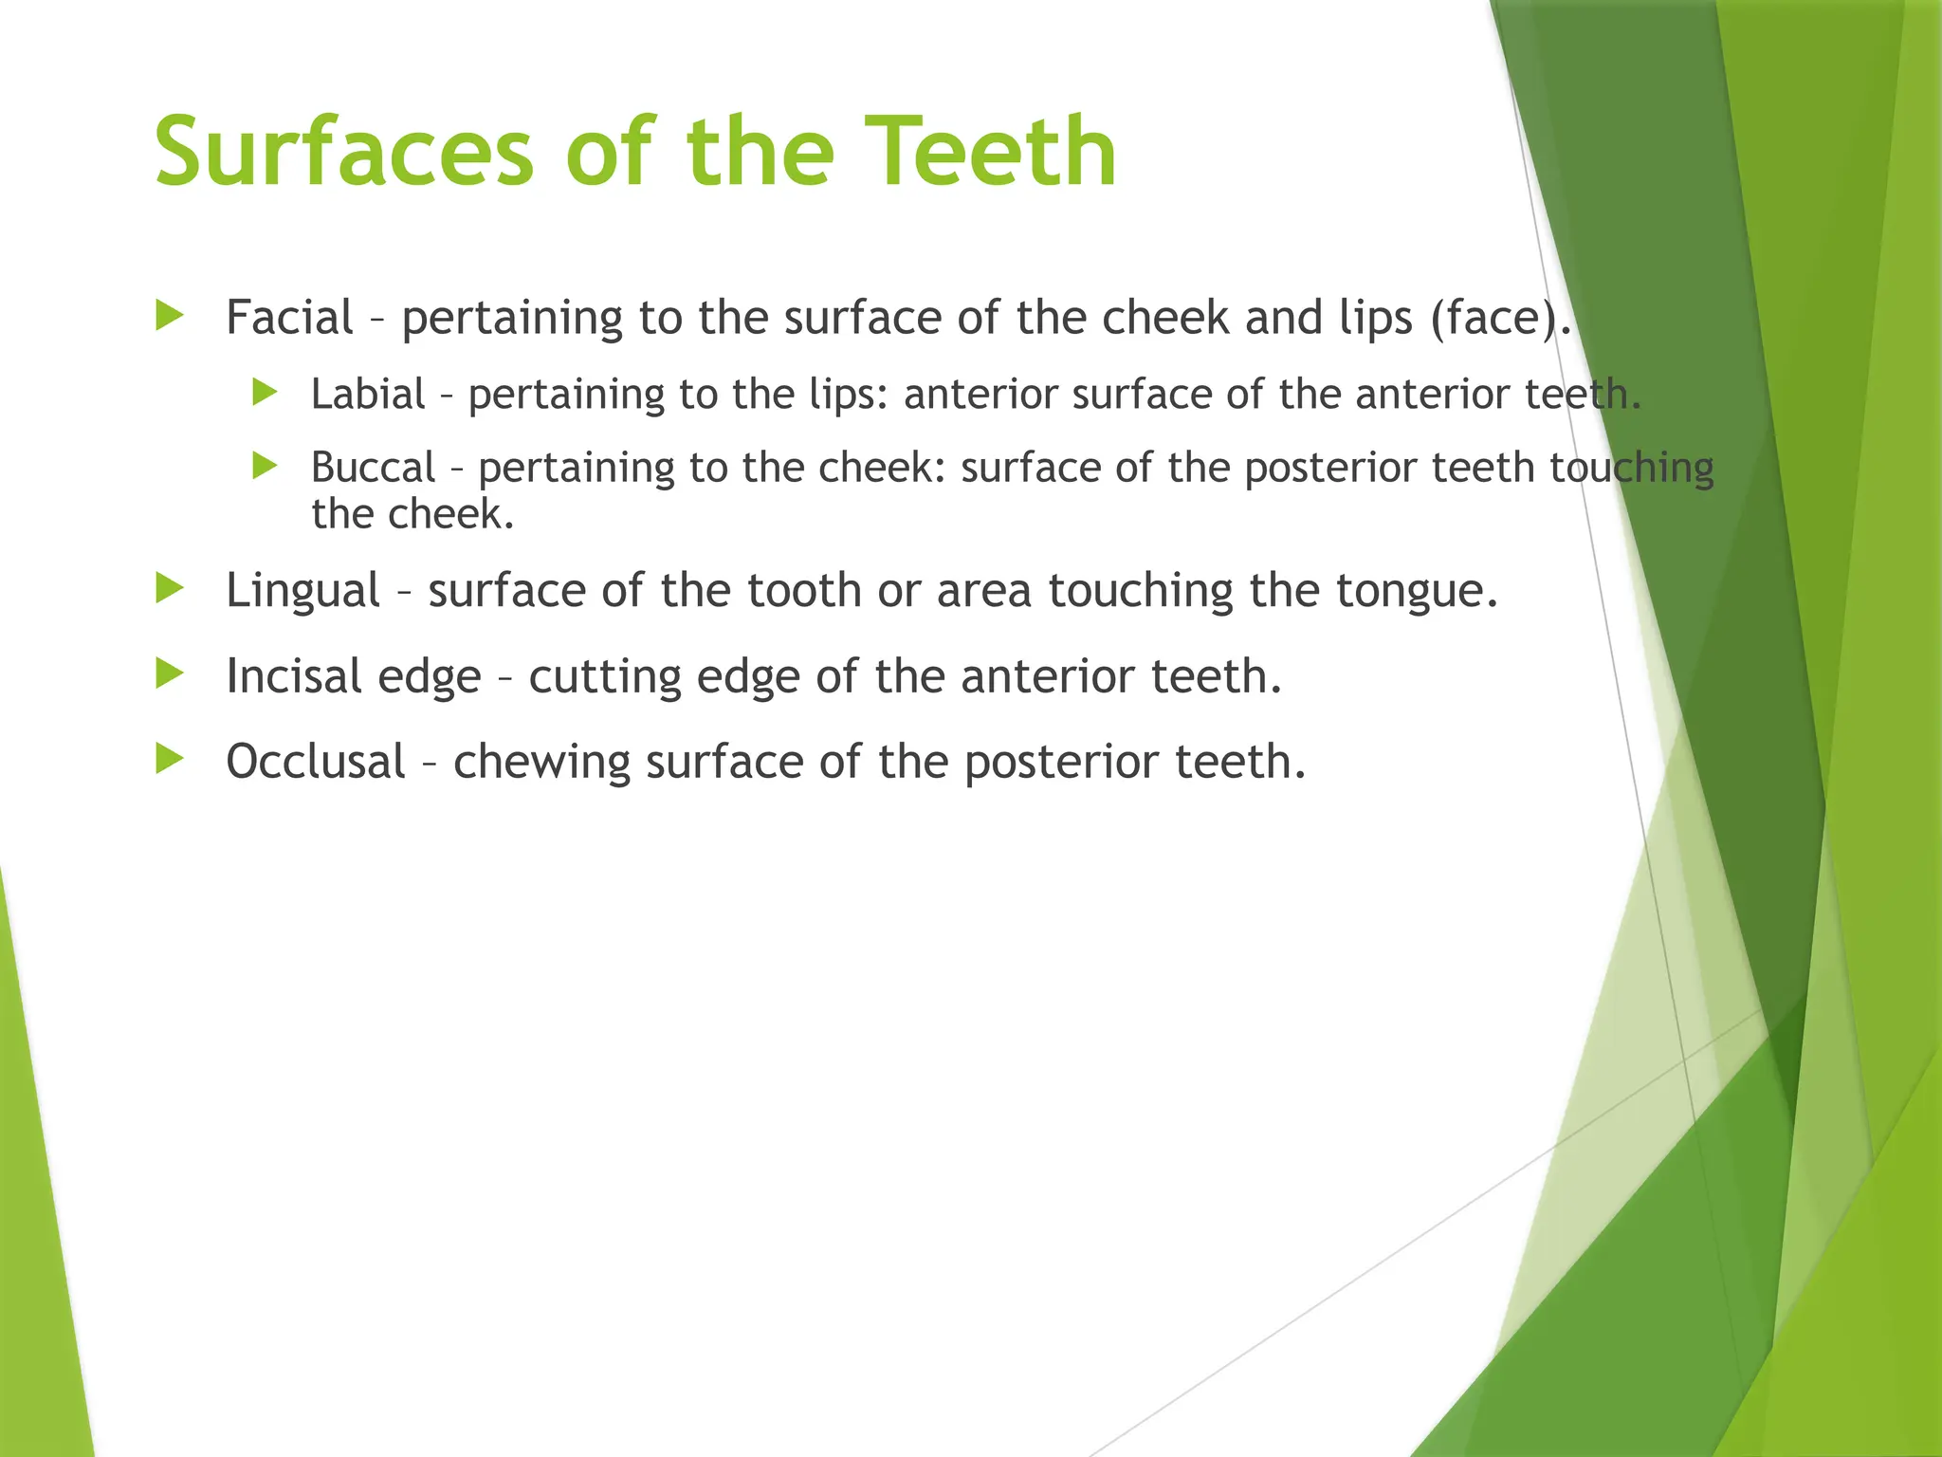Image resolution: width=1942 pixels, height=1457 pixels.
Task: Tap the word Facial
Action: (x=289, y=317)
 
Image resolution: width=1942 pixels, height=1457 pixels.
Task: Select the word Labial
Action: (x=368, y=395)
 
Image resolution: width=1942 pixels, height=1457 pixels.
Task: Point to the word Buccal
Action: (x=373, y=468)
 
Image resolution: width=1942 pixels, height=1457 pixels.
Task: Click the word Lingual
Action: (x=302, y=591)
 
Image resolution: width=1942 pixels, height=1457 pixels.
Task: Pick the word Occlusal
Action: (x=316, y=762)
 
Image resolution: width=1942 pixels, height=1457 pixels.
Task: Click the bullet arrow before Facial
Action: (x=170, y=316)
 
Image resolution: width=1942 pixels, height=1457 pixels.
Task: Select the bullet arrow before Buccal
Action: (x=265, y=466)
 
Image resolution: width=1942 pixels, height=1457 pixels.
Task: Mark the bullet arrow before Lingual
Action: (x=170, y=589)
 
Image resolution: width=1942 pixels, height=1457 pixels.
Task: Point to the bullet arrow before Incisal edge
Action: (x=170, y=674)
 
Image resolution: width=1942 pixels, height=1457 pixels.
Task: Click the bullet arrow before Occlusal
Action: (x=170, y=760)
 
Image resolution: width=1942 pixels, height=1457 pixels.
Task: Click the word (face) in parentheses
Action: (x=1498, y=319)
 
